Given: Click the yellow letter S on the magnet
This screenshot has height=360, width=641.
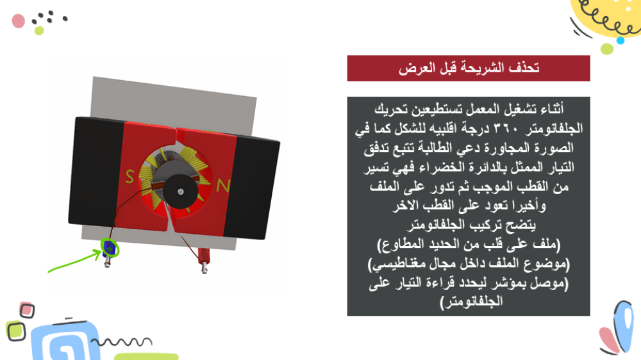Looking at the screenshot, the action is click(x=129, y=177).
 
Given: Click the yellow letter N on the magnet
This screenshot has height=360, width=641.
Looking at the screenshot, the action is click(x=223, y=186).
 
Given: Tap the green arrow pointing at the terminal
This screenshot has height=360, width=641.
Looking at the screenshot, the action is click(x=74, y=261).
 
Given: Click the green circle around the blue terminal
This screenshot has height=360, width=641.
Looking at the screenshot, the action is click(x=110, y=248).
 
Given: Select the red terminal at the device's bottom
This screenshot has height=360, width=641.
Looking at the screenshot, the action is click(x=204, y=258).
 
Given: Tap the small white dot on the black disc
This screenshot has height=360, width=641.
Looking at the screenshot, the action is click(x=180, y=192).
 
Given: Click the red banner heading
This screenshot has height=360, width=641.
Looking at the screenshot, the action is click(x=469, y=69).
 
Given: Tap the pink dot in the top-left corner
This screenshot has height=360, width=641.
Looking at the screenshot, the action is click(x=19, y=21).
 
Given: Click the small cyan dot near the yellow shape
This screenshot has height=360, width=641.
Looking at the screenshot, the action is click(x=620, y=40).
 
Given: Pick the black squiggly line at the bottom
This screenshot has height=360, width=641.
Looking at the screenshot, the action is click(x=121, y=341).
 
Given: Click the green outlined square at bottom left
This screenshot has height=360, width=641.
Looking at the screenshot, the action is click(x=16, y=331).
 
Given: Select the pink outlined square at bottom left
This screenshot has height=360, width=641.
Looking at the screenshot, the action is click(x=27, y=310).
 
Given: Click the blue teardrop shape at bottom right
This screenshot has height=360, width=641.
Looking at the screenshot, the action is click(x=624, y=325).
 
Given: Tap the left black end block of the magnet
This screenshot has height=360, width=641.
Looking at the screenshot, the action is click(x=97, y=172).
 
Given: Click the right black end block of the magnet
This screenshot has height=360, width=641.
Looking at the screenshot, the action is click(x=251, y=188).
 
